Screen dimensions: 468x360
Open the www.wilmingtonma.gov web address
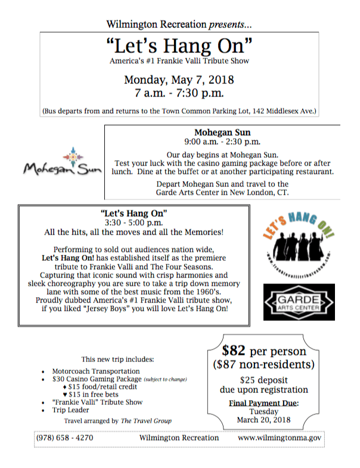[x=280, y=438]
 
